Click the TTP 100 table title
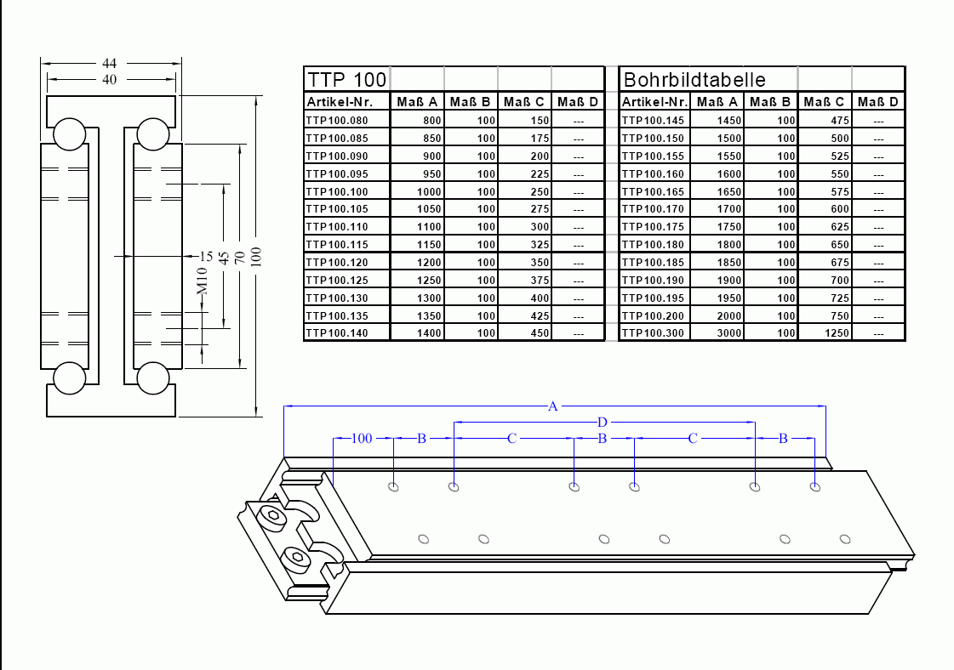347,80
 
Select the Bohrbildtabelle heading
694,80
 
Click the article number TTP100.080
337,121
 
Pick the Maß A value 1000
429,192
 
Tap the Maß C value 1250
837,333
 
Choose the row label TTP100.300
654,333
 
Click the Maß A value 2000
729,315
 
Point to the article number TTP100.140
337,333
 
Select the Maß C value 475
840,121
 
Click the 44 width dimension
110,63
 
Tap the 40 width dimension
110,79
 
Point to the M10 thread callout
202,281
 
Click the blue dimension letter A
553,406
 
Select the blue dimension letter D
603,422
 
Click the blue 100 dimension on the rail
362,439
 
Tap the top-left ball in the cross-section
68,133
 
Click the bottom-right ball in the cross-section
153,378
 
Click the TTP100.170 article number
654,209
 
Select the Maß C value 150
540,121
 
